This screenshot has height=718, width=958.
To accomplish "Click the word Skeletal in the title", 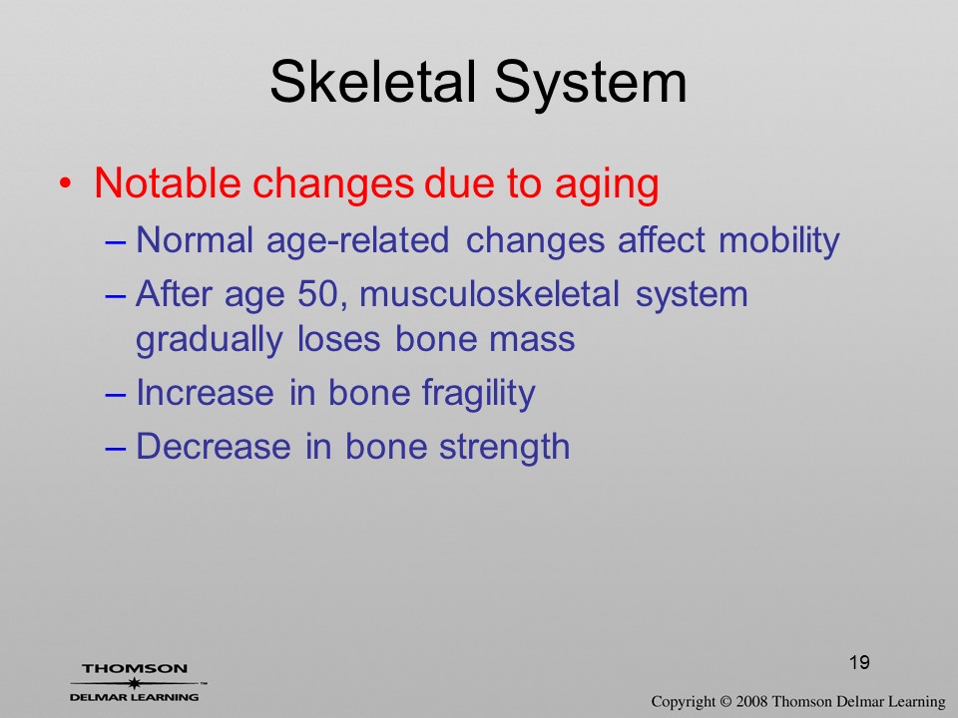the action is click(x=372, y=82).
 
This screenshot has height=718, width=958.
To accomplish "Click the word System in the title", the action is click(x=591, y=84).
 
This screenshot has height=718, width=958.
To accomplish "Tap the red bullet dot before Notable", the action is click(x=66, y=182).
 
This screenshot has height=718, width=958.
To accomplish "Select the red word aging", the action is click(x=607, y=184).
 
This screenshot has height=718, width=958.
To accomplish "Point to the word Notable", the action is click(x=168, y=181).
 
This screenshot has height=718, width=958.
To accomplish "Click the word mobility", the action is click(x=779, y=241).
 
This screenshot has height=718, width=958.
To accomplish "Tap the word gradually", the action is click(x=209, y=341).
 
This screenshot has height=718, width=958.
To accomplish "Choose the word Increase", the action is click(x=205, y=393).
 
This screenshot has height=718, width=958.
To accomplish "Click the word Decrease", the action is click(x=214, y=447).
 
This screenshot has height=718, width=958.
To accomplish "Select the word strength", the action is click(x=505, y=448).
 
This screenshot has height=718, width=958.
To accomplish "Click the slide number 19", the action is click(x=859, y=662).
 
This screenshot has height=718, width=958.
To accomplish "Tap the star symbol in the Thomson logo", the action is click(x=134, y=683).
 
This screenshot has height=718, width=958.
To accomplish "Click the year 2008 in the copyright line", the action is click(x=751, y=702).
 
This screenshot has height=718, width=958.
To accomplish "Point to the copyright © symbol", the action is click(x=725, y=702).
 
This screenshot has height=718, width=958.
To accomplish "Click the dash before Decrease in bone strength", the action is click(x=116, y=448).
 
